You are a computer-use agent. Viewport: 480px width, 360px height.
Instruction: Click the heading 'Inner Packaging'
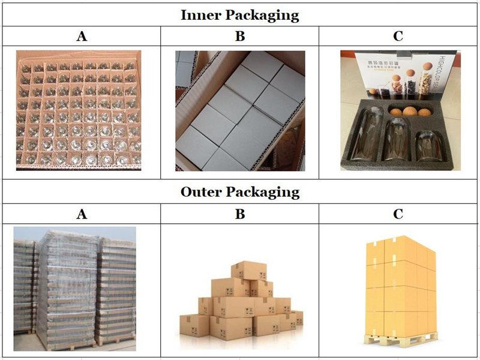click(x=240, y=14)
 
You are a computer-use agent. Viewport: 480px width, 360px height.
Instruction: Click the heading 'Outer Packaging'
click(x=240, y=192)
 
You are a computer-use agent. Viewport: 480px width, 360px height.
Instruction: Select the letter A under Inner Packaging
click(x=82, y=36)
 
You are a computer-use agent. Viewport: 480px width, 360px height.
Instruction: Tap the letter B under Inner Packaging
click(x=240, y=36)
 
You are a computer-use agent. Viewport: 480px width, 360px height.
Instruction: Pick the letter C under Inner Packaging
click(x=398, y=36)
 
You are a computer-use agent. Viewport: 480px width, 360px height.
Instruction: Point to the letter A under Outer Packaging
click(x=82, y=214)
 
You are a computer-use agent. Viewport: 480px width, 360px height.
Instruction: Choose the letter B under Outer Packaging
click(x=240, y=214)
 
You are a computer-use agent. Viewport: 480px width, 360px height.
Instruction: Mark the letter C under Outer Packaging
click(x=398, y=214)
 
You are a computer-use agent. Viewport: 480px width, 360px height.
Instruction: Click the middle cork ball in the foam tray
click(x=410, y=112)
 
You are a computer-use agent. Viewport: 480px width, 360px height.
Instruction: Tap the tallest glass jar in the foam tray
click(x=367, y=141)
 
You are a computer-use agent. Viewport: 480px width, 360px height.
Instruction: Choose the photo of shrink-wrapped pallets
click(x=74, y=288)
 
